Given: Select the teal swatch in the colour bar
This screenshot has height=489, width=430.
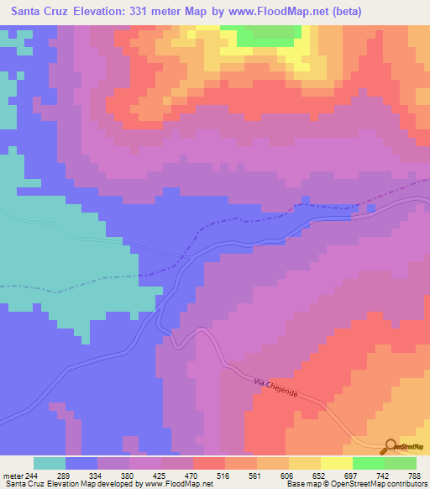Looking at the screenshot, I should (x=50, y=463).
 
